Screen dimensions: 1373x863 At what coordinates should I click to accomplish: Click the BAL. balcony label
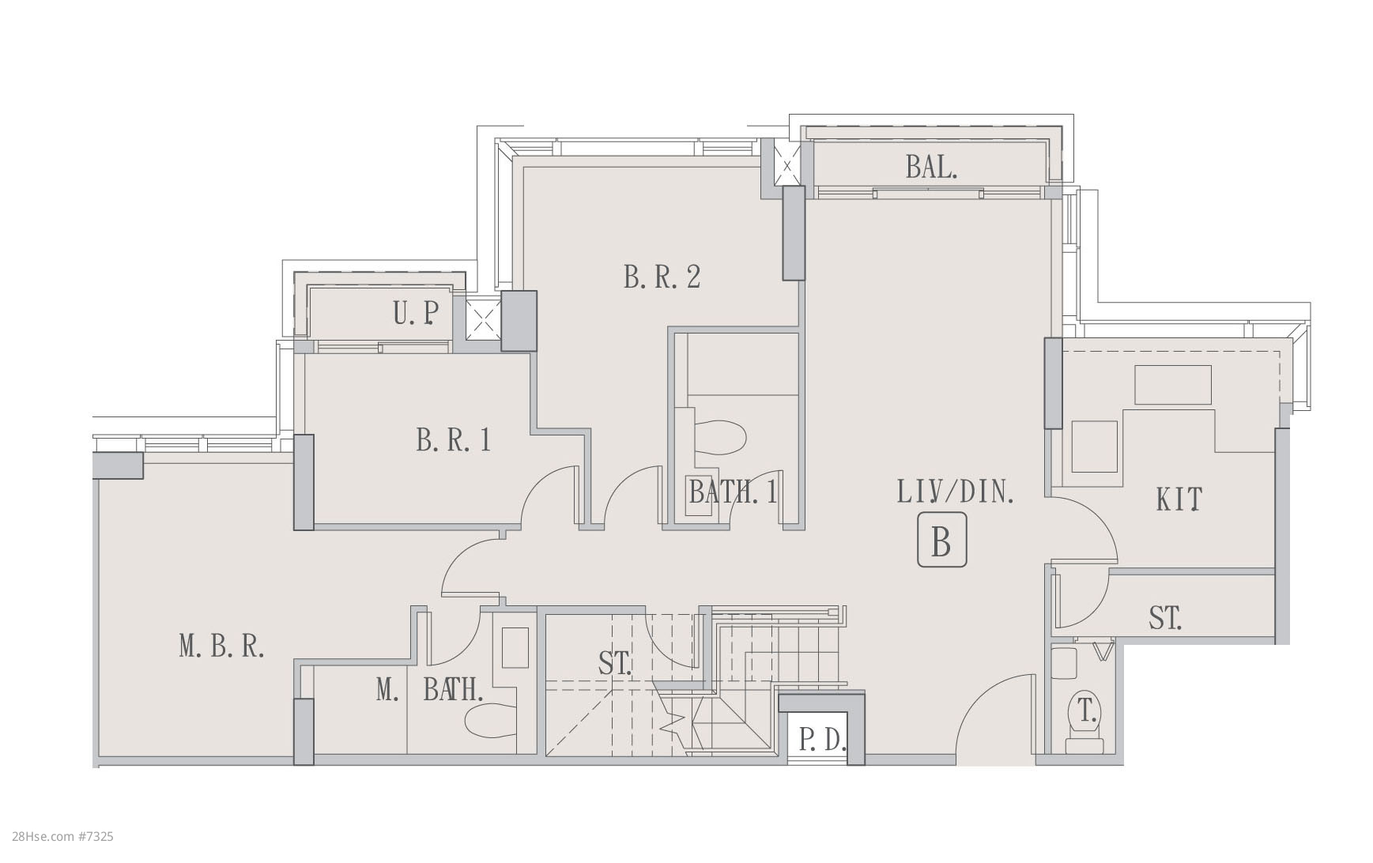click(x=931, y=167)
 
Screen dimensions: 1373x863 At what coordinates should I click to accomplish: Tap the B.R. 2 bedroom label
click(x=662, y=277)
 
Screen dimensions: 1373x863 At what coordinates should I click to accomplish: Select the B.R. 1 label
click(x=453, y=439)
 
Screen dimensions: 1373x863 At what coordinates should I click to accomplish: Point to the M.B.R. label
click(x=221, y=646)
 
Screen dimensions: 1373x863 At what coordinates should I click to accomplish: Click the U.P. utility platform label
click(x=416, y=314)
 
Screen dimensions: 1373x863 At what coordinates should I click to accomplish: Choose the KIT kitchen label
click(x=1179, y=499)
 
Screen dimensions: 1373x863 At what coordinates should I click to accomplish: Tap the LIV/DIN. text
click(x=956, y=492)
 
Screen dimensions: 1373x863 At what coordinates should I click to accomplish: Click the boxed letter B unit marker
click(x=941, y=540)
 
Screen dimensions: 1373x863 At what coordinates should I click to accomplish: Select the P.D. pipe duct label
click(x=823, y=741)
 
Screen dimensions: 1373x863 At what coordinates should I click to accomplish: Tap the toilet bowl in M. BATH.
click(x=490, y=721)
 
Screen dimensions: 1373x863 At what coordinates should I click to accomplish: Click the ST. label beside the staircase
click(x=615, y=663)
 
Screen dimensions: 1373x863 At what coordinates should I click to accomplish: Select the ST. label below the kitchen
click(x=1165, y=617)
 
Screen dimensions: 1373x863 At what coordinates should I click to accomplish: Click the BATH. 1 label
click(x=733, y=492)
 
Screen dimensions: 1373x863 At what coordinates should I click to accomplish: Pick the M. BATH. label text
click(x=429, y=690)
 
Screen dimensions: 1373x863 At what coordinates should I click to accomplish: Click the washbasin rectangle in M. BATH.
click(x=515, y=648)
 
